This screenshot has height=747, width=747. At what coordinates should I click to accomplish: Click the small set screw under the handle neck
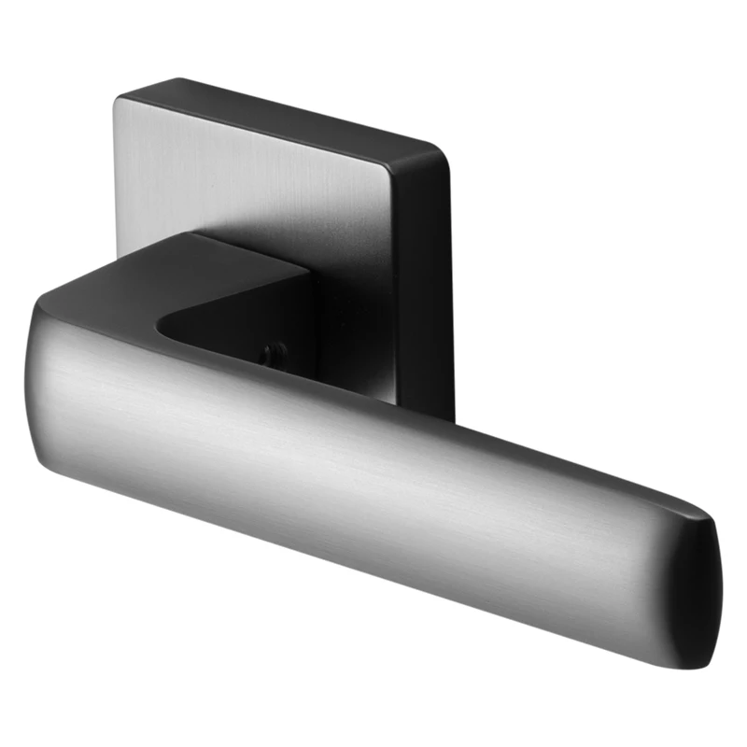(271, 353)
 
